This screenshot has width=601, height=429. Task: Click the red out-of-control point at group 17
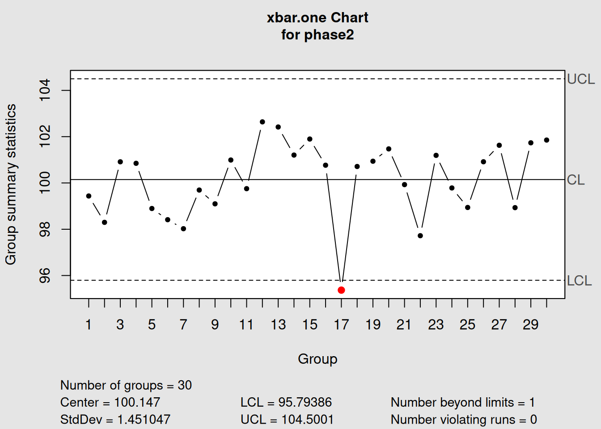pos(341,290)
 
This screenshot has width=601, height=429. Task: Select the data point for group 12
pos(262,122)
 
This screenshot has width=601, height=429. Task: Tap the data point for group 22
pos(420,236)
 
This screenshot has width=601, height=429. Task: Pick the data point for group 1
pos(89,196)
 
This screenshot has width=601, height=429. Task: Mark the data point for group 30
pos(546,140)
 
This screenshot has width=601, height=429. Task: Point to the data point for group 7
pos(183,229)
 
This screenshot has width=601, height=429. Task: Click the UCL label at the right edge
pos(580,79)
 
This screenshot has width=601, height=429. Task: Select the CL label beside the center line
pos(576,180)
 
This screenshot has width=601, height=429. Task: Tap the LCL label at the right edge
pos(579,281)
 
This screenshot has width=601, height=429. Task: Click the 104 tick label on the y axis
pos(45,90)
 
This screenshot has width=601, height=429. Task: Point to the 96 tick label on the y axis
pos(45,276)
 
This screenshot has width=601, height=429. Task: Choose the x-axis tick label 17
pos(341,324)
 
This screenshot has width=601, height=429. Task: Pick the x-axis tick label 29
pos(530,324)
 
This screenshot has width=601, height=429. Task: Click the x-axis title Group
pos(317,359)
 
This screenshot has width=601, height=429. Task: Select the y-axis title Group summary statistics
pos(11,184)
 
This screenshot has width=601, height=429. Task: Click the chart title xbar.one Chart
pos(317,18)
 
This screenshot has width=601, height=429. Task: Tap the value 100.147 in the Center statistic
pos(137,402)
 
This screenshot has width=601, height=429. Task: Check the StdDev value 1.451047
pos(144,419)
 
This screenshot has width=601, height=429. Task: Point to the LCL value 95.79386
pos(305,402)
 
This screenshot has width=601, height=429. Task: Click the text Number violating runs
pos(453,419)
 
